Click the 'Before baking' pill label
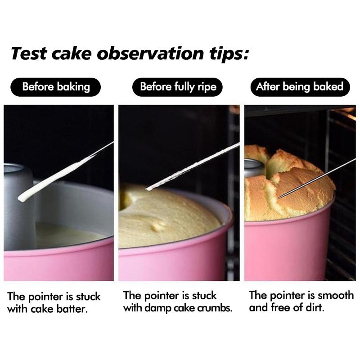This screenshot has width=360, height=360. point(56,86)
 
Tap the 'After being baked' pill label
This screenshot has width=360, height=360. point(299,86)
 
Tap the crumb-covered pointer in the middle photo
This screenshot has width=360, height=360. point(189,167)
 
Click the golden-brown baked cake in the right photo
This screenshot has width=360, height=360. point(292,189)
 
